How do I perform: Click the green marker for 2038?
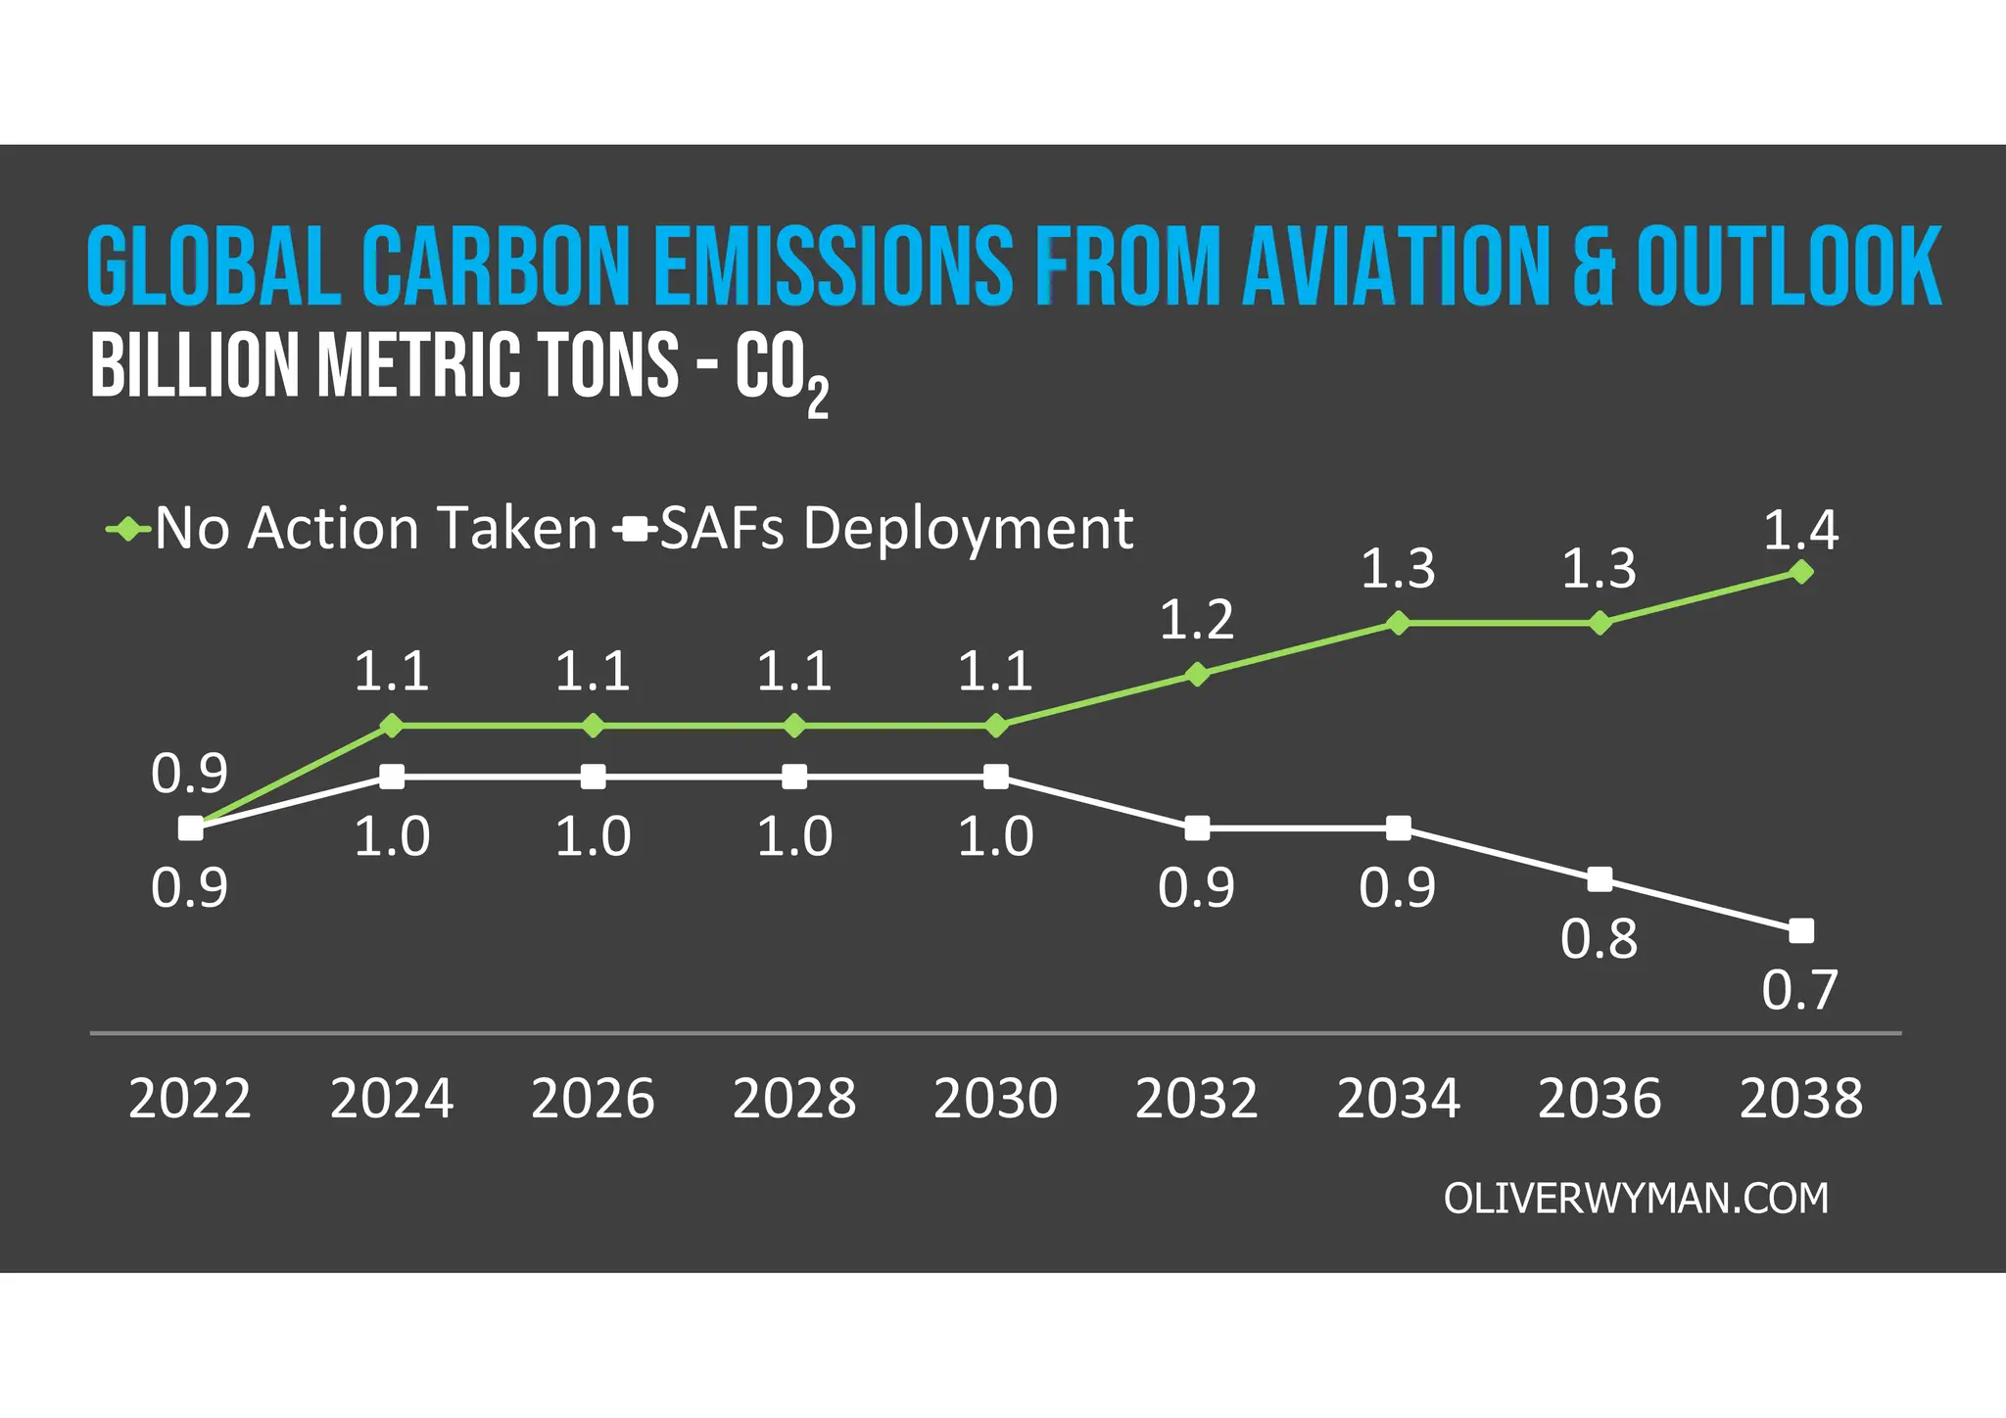(x=1800, y=572)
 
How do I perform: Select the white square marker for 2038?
(x=1800, y=930)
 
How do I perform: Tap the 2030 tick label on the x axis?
(x=995, y=1098)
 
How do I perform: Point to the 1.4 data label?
(x=1800, y=530)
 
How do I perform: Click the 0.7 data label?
(x=1799, y=990)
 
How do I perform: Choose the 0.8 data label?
(x=1599, y=939)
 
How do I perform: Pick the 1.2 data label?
(x=1196, y=620)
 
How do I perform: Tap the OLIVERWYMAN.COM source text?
(x=1636, y=1199)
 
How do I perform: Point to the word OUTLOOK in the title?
(x=1789, y=266)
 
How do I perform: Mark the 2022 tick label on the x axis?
(x=190, y=1098)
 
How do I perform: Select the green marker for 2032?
(x=1197, y=675)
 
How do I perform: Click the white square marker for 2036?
(x=1600, y=879)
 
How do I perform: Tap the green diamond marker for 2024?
(x=392, y=726)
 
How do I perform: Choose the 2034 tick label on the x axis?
(x=1398, y=1098)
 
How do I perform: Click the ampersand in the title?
(x=1594, y=266)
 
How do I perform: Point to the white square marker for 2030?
(x=996, y=777)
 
